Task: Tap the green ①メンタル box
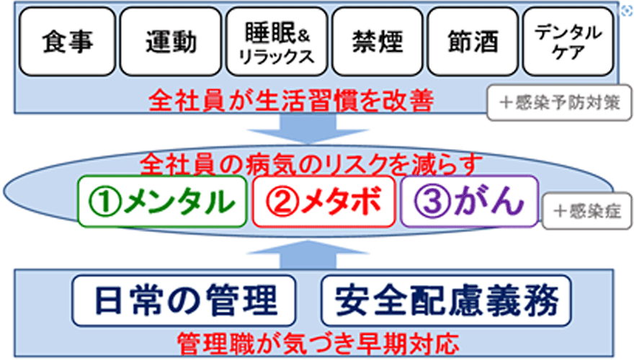(164, 201)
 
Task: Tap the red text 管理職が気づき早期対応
(317, 341)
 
